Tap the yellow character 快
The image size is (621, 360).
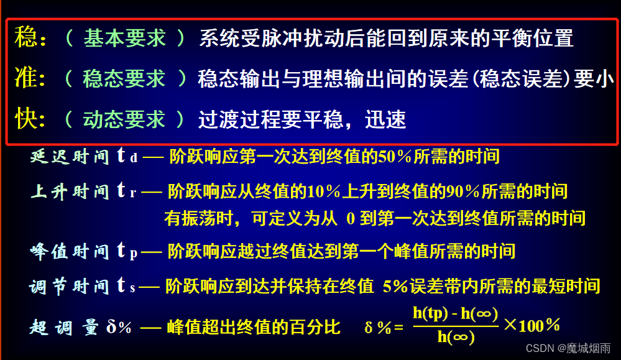point(25,118)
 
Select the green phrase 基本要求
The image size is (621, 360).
point(124,39)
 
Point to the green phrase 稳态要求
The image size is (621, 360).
point(124,78)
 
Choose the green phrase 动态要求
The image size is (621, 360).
point(124,119)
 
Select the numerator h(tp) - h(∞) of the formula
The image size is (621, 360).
point(455,315)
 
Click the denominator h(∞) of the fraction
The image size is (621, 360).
point(456,338)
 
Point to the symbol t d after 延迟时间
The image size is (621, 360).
point(127,157)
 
